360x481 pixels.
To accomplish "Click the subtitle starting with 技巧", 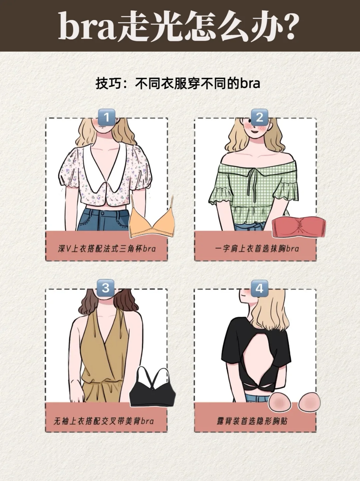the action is [x=178, y=83].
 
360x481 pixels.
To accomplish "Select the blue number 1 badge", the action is [x=106, y=117].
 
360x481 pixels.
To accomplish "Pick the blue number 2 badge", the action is [x=259, y=117].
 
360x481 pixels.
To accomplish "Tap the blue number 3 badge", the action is [x=106, y=288].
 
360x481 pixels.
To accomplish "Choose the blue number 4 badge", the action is [x=259, y=288].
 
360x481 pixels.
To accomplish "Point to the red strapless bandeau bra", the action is [x=299, y=227].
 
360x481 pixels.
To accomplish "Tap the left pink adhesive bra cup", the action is [x=280, y=402].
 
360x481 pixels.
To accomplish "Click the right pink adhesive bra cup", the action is [x=309, y=402].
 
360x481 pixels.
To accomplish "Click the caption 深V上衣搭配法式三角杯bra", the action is [x=107, y=249].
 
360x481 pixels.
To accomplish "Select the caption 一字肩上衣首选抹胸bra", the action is [x=257, y=249].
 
